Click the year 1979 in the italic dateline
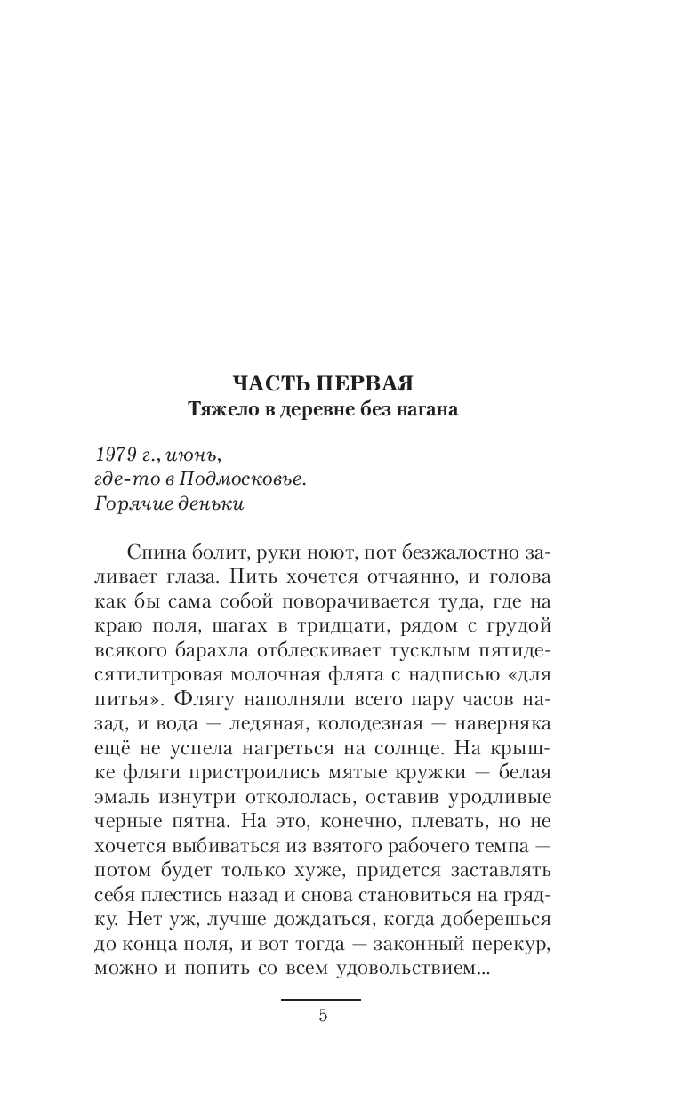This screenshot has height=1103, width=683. pyautogui.click(x=112, y=454)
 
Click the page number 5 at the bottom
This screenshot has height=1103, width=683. pyautogui.click(x=322, y=1016)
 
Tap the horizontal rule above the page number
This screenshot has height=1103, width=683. pyautogui.click(x=321, y=1000)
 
